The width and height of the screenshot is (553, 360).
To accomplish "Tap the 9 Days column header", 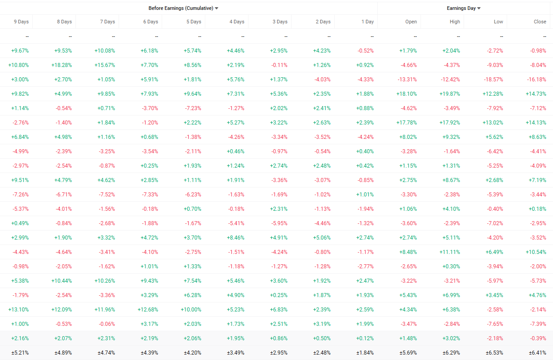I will pyautogui.click(x=21, y=22).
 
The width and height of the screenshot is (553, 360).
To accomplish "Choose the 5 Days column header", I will pyautogui.click(x=194, y=22).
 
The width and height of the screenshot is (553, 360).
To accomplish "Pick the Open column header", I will pyautogui.click(x=411, y=22).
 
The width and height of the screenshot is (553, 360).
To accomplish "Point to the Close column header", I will pyautogui.click(x=540, y=22).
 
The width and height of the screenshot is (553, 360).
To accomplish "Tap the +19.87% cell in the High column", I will pyautogui.click(x=450, y=94).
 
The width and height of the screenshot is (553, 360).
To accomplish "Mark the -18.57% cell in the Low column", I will pyautogui.click(x=493, y=80).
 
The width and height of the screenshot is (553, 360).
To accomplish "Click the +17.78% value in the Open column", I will pyautogui.click(x=407, y=123).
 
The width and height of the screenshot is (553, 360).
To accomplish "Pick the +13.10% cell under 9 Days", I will pyautogui.click(x=18, y=310).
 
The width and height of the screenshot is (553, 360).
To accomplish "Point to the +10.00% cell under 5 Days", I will pyautogui.click(x=191, y=310).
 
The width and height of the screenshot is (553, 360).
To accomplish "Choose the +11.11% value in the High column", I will pyautogui.click(x=450, y=252).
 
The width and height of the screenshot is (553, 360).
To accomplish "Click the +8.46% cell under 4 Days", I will pyautogui.click(x=235, y=238).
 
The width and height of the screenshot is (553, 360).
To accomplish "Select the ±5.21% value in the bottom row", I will pyautogui.click(x=19, y=353).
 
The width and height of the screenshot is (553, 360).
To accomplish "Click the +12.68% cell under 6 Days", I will pyautogui.click(x=148, y=310).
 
